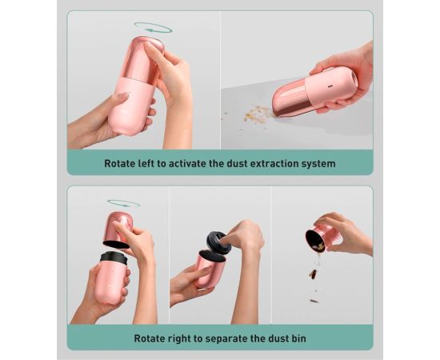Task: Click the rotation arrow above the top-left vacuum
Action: coord(154,28)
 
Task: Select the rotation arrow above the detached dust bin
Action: coord(123,203)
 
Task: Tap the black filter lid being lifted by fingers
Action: coord(218,242)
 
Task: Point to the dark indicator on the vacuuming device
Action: coord(330,86)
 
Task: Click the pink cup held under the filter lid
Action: coord(210,270)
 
